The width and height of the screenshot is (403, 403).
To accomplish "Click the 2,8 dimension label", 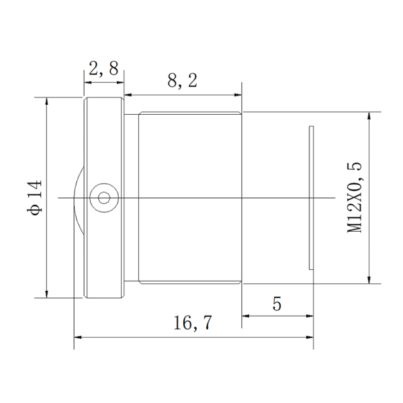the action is pyautogui.click(x=103, y=69).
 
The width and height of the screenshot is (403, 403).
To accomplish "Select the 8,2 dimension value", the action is pyautogui.click(x=182, y=81).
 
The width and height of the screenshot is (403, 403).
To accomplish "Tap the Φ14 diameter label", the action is pyautogui.click(x=34, y=197).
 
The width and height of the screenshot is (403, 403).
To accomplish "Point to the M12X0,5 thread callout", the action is pyautogui.click(x=355, y=197).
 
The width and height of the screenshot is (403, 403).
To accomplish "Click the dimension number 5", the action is pyautogui.click(x=277, y=304).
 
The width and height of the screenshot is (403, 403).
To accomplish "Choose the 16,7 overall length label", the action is pyautogui.click(x=193, y=323).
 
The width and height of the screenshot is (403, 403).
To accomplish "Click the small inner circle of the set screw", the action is pyautogui.click(x=104, y=198).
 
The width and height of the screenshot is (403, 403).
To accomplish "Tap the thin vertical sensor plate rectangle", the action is pyautogui.click(x=311, y=198).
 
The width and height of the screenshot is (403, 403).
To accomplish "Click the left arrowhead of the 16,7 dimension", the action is pyautogui.click(x=78, y=337).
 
